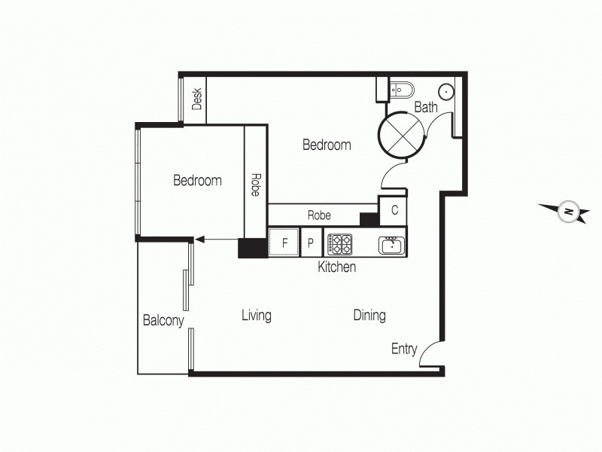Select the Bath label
(425, 108)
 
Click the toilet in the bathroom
(396, 88)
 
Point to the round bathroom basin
(446, 91)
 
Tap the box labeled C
(394, 210)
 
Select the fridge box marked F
(284, 243)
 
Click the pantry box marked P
(311, 243)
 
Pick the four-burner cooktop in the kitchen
(339, 243)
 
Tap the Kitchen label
(336, 267)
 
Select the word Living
(256, 316)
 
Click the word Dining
(369, 316)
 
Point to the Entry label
(404, 349)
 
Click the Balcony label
(163, 321)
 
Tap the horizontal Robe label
(319, 215)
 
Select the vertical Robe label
(255, 185)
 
